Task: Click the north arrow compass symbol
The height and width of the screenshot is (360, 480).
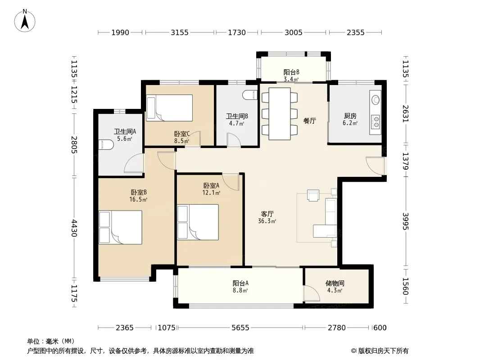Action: (25, 21)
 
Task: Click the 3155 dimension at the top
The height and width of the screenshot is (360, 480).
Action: (180, 32)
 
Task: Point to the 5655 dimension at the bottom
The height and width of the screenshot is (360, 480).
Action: (240, 328)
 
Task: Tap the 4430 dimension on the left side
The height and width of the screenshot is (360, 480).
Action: (74, 228)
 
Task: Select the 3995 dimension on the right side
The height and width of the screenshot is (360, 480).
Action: (406, 221)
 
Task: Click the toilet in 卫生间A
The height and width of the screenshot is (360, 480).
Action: (106, 144)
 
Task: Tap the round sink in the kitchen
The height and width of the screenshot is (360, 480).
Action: (376, 100)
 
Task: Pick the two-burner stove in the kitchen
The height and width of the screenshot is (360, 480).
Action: (375, 121)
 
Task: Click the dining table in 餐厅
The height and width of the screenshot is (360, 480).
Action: (280, 114)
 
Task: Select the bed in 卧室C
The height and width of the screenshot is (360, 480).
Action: (170, 108)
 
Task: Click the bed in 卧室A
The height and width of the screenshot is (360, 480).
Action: (198, 222)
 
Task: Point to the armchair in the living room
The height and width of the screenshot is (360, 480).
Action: (313, 195)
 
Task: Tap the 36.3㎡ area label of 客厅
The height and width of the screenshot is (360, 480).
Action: (267, 221)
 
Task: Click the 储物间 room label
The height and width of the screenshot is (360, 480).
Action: (335, 283)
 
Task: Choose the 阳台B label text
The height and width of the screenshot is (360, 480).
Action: (291, 72)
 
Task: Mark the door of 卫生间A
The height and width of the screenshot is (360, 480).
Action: (134, 163)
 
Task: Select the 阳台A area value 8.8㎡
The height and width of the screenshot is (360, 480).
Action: (240, 290)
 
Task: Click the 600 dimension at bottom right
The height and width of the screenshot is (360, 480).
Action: (380, 328)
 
